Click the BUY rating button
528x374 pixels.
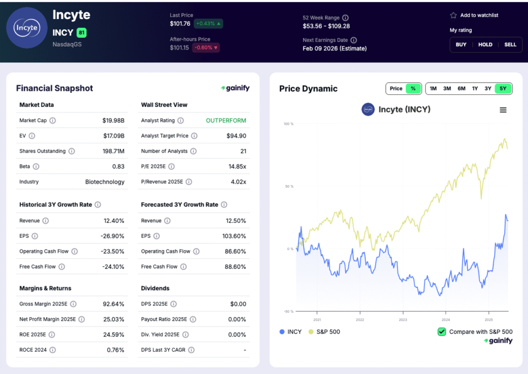pos(461,44)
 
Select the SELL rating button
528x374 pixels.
pos(510,44)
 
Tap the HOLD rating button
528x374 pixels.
pos(485,44)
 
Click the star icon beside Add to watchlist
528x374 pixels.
pos(453,15)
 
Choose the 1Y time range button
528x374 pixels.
pos(475,89)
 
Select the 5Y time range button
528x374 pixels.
pos(503,89)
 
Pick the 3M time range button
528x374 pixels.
pos(447,89)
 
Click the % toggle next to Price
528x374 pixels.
pos(413,89)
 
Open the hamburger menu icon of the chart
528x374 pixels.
pos(503,110)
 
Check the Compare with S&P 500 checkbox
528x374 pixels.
pos(442,332)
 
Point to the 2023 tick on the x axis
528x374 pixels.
pos(403,320)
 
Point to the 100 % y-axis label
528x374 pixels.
pos(288,124)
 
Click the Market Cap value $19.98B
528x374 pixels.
pos(113,121)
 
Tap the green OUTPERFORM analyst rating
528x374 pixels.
pos(226,121)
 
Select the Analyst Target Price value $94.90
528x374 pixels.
pos(236,136)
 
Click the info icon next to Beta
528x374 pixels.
pos(36,167)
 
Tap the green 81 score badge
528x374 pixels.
pos(81,33)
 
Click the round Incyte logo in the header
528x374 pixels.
pos(27,27)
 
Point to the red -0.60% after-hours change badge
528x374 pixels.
pos(206,48)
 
